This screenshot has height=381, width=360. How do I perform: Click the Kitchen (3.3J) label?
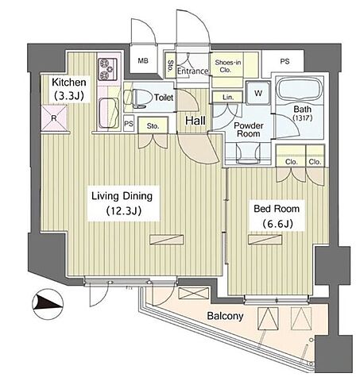pyautogui.click(x=69, y=89)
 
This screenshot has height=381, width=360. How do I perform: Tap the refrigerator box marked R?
pyautogui.click(x=54, y=118)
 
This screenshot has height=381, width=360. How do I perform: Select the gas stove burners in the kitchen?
pyautogui.click(x=107, y=69)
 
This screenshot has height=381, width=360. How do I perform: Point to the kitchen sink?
pyautogui.click(x=109, y=113)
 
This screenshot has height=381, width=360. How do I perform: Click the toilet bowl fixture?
pyautogui.click(x=135, y=98)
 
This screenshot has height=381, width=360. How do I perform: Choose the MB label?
pyautogui.click(x=143, y=61)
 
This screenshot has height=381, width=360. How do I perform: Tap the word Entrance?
pyautogui.click(x=193, y=71)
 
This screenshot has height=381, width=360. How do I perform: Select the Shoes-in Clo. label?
pyautogui.click(x=228, y=66)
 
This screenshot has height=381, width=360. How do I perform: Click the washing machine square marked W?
pyautogui.click(x=258, y=93)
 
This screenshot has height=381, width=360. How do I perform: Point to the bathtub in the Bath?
pyautogui.click(x=300, y=89)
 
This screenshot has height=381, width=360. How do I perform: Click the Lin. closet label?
pyautogui.click(x=228, y=98)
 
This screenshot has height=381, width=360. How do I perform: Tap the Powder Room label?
pyautogui.click(x=249, y=129)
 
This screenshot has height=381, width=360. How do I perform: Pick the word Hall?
pyautogui.click(x=195, y=121)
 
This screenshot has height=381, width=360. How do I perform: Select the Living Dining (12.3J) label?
pyautogui.click(x=122, y=203)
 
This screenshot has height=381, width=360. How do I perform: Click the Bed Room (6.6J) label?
pyautogui.click(x=277, y=216)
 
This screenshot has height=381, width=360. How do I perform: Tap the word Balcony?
pyautogui.click(x=225, y=316)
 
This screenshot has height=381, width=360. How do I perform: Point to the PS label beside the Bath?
pyautogui.click(x=285, y=61)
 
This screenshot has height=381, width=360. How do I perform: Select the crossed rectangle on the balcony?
pyautogui.click(x=194, y=293)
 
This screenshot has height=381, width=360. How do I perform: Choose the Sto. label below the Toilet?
pyautogui.click(x=153, y=126)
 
